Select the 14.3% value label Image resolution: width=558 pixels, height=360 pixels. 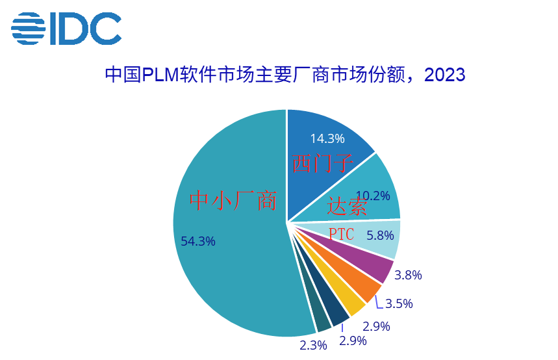point(327,138)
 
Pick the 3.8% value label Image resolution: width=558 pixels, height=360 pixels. point(409,275)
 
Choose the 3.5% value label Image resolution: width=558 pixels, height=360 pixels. point(399,303)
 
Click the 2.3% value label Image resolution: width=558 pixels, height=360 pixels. point(313,345)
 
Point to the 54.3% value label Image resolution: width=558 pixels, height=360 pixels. point(198,242)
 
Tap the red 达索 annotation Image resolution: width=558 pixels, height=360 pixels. point(347,207)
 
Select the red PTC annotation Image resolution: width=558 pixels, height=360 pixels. point(341,235)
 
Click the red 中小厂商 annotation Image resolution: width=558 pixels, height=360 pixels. point(233,201)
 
